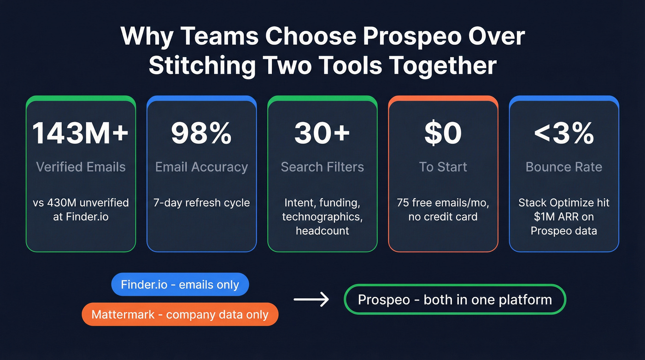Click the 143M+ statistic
pos(81,133)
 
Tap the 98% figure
pos(201,133)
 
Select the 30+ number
pos(322,133)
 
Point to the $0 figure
pos(443,133)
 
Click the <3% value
pos(564,133)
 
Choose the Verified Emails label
pos(81,167)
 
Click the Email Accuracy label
pos(201,167)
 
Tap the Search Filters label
pos(322,167)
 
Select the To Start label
pos(443,167)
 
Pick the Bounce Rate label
pos(564,167)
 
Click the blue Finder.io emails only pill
pos(180,284)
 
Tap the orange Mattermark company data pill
pos(180,314)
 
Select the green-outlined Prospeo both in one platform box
pos(455,300)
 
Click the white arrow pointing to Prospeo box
pos(311,300)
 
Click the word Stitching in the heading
pos(202,65)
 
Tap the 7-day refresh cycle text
pos(201,203)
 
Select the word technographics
pos(322,217)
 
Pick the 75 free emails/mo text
pos(443,203)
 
